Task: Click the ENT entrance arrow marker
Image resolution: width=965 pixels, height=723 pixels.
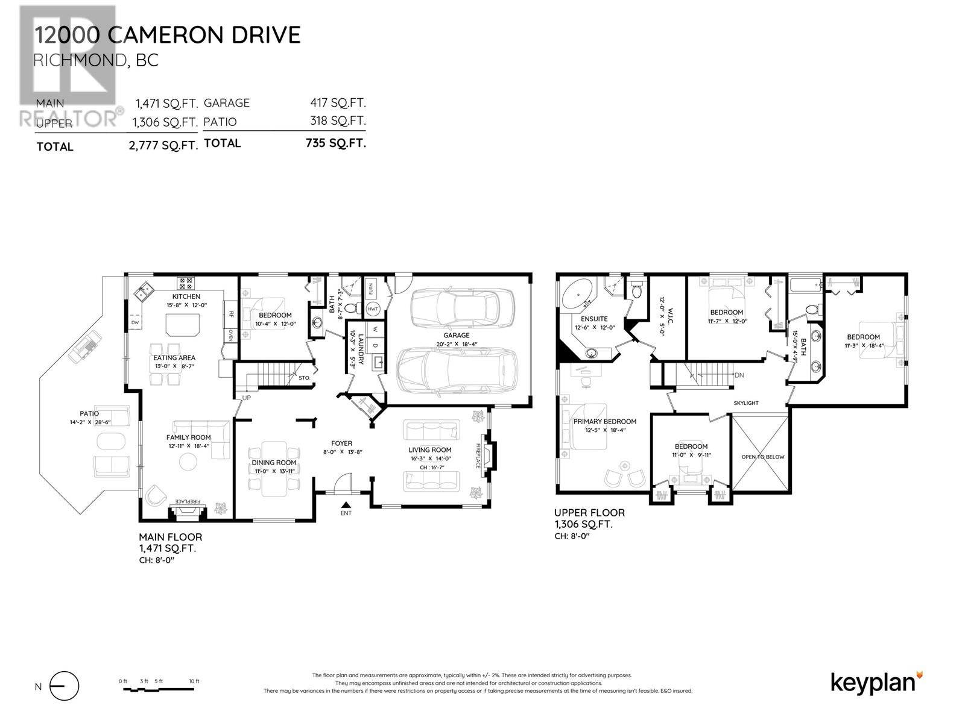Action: point(346,505)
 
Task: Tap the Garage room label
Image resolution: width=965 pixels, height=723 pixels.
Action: point(456,336)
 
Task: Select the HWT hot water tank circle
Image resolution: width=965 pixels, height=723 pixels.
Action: point(373,309)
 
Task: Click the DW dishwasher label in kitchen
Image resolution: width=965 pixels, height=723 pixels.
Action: point(135,324)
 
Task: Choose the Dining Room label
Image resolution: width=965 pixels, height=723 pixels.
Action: point(274,463)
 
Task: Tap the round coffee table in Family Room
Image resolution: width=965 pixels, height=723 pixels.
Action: point(188,462)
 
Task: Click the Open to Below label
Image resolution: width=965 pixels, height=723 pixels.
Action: point(762,457)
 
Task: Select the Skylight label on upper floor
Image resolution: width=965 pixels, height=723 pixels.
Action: point(746,403)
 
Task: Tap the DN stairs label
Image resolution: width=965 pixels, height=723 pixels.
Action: point(739,375)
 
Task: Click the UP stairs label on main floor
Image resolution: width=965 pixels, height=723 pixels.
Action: point(246,398)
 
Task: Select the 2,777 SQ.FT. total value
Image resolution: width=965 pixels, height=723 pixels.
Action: point(163,146)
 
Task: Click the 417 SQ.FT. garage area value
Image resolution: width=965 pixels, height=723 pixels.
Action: point(338,103)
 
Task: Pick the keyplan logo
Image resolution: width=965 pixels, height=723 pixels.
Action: point(876,683)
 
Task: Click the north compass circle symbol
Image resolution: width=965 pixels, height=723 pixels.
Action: point(65,686)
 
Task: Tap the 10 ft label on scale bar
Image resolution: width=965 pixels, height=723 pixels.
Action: point(194,681)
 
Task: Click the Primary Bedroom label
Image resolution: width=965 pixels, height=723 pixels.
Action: point(604,422)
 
